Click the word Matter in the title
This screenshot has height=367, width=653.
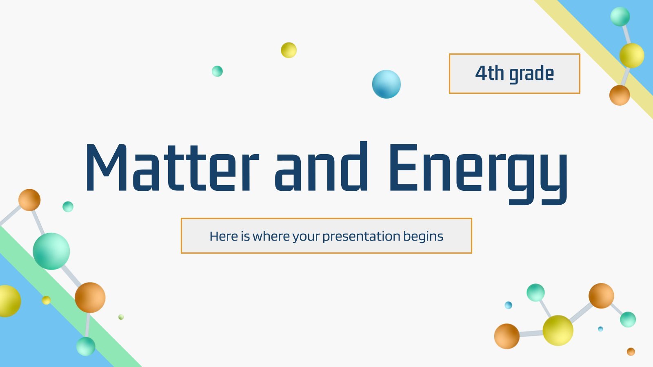pos(172,167)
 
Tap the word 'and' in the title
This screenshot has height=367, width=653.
pos(321,166)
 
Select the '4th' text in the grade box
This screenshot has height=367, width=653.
pos(489,73)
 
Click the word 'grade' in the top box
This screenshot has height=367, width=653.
pos(531,74)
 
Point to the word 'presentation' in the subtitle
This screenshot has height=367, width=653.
pos(361,237)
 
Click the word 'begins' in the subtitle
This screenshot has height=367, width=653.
pos(423,237)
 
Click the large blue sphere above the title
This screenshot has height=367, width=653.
pos(386,84)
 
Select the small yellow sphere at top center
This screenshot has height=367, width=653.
pos(289,51)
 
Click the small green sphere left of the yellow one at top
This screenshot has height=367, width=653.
pos(217,71)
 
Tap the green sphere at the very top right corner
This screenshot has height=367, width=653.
pos(620,17)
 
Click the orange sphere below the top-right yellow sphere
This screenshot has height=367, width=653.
pos(620,95)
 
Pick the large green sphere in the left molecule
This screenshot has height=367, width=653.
pos(51,251)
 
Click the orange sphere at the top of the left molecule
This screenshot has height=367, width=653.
pos(29,200)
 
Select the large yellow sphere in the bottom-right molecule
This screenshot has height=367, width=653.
pos(558,331)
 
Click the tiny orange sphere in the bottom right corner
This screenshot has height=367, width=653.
pos(631,352)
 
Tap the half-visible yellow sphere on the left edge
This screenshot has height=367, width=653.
pos(10,301)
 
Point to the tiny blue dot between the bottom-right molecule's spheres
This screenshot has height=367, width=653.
pos(600,329)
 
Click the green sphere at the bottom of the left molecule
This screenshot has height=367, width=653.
pos(86,346)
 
